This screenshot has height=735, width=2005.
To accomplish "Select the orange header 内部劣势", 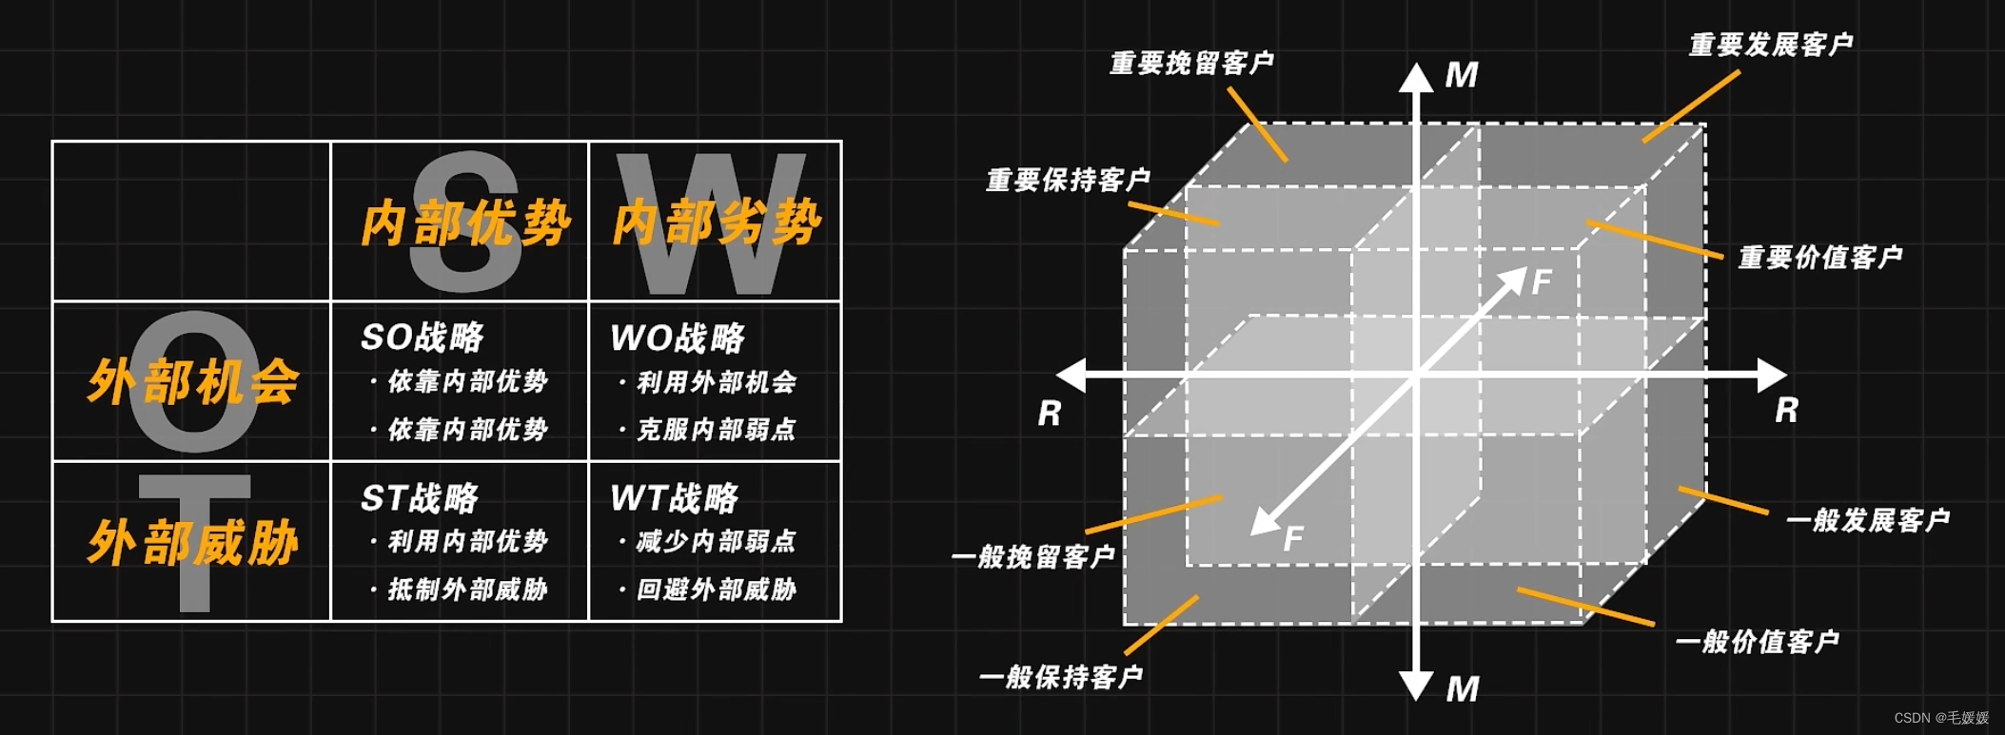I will (717, 223).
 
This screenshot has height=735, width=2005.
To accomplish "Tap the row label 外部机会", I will (193, 382).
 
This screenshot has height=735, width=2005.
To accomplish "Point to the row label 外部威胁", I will (193, 543).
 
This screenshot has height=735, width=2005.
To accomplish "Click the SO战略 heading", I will (423, 338).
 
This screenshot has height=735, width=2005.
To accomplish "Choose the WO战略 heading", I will (678, 338).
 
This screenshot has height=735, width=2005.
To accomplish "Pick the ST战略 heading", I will (420, 498).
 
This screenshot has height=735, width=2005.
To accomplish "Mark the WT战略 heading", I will (675, 498).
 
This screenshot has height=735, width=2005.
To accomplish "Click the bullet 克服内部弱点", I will (716, 430).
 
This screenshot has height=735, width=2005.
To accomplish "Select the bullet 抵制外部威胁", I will (467, 590).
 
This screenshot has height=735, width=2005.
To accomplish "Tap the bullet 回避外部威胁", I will (716, 590).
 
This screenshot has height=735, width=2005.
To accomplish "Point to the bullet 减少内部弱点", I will (716, 542).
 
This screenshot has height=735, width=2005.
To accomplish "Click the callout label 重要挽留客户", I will (1191, 64).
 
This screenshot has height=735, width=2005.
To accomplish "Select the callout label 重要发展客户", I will (1770, 45).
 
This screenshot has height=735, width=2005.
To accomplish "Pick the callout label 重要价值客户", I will (1819, 258).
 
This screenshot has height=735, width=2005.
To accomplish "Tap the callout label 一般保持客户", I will (1060, 677).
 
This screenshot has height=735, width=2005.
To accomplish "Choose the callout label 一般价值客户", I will (1757, 642).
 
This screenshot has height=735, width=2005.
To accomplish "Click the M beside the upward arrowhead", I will (1462, 75).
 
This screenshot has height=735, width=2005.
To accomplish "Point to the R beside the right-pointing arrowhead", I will (1786, 411).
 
